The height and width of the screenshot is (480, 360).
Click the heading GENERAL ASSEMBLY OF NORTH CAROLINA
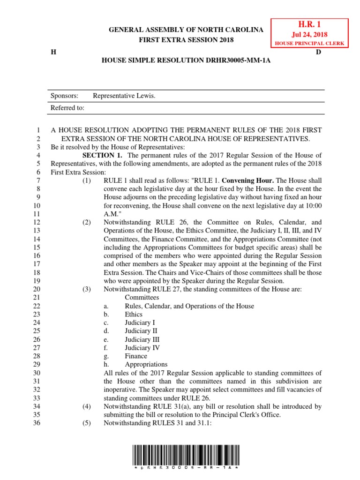(x=186, y=30)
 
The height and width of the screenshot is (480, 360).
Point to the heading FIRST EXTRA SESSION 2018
(x=186, y=40)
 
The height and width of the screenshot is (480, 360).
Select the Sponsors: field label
(x=65, y=96)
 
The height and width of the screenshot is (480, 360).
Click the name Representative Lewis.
(x=124, y=96)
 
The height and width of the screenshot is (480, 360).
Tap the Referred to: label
(x=67, y=108)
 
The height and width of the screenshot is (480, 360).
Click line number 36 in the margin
(x=37, y=423)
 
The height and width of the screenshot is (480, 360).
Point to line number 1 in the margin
(x=39, y=130)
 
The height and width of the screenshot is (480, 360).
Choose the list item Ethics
(x=134, y=314)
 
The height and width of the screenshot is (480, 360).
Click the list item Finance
(x=136, y=356)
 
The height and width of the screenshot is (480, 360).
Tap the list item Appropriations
(x=146, y=365)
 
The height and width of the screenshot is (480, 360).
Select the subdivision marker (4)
(x=86, y=406)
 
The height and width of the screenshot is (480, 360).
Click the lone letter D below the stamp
(x=318, y=52)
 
